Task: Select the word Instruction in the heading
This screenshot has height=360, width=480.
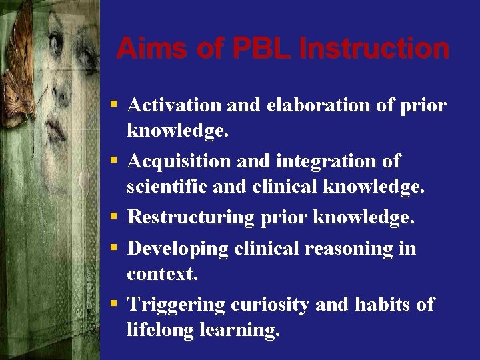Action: tap(375, 49)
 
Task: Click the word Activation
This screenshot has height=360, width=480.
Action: tap(174, 105)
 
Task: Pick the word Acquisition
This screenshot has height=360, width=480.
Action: tap(177, 161)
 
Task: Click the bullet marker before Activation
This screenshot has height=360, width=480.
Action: tap(115, 105)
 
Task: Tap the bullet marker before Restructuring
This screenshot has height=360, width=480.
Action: tap(115, 217)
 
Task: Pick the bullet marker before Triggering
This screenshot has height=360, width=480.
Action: tap(115, 305)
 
